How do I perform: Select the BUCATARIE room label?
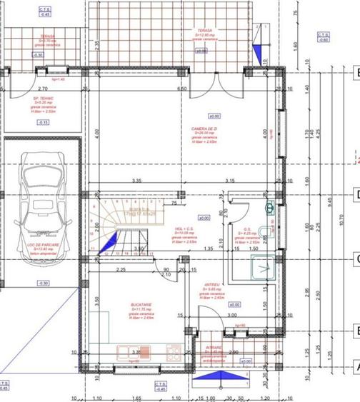coord(140,306)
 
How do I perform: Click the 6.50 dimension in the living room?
coord(181,89)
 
